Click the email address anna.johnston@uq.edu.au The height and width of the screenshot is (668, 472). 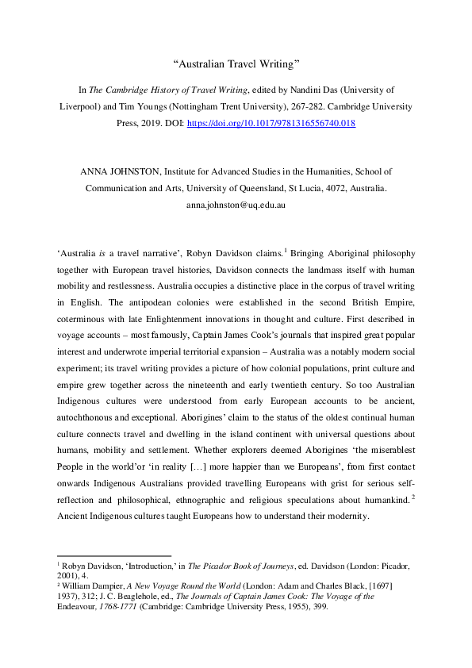point(236,205)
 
